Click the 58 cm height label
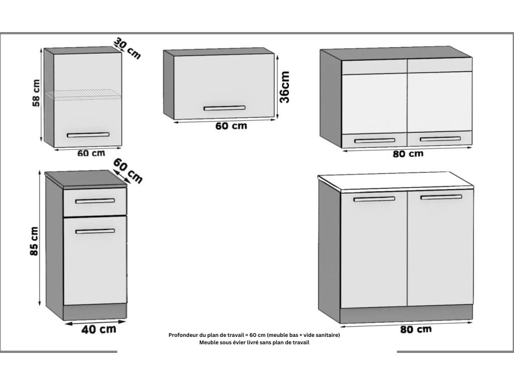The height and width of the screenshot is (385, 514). pyautogui.click(x=36, y=93)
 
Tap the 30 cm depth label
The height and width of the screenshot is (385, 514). pyautogui.click(x=127, y=48)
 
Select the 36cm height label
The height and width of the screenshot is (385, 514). pyautogui.click(x=285, y=87)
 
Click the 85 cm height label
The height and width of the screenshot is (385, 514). pyautogui.click(x=34, y=241)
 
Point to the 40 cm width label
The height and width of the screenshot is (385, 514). pyautogui.click(x=99, y=329)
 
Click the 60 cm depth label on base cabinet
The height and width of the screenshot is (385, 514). pyautogui.click(x=128, y=171)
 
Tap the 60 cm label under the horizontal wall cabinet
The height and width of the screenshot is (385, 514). pyautogui.click(x=231, y=126)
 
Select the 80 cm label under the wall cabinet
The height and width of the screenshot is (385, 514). pyautogui.click(x=408, y=153)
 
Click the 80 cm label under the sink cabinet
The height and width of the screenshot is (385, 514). pyautogui.click(x=416, y=329)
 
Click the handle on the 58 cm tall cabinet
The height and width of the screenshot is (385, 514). pyautogui.click(x=88, y=135)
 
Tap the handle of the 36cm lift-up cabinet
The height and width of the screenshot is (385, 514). pyautogui.click(x=224, y=108)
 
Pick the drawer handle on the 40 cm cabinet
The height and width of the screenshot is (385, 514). pyautogui.click(x=95, y=201)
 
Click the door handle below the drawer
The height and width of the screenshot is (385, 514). pyautogui.click(x=95, y=231)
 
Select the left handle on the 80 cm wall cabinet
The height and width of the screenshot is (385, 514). pyautogui.click(x=374, y=141)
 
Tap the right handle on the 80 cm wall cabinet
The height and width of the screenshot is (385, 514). pyautogui.click(x=440, y=139)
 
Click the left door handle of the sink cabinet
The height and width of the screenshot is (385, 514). pyautogui.click(x=374, y=199)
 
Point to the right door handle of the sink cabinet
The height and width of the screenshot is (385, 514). pyautogui.click(x=441, y=197)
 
